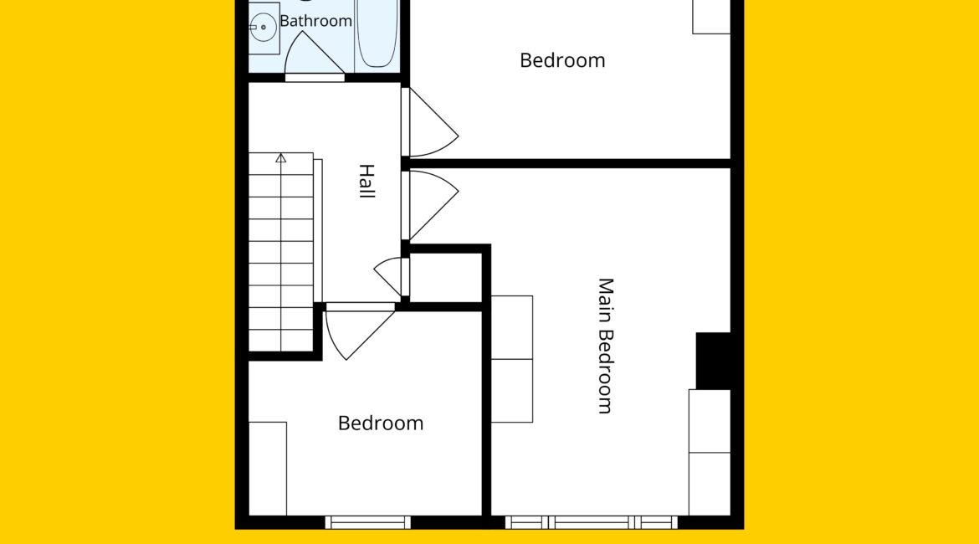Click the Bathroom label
(x=316, y=21)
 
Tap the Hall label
(x=366, y=181)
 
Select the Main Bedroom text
(x=606, y=346)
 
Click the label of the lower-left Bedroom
(x=381, y=423)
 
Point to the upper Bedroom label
(x=562, y=60)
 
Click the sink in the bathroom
(x=264, y=28)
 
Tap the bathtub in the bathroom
(x=377, y=34)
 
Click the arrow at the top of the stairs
(x=281, y=158)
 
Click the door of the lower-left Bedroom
(x=361, y=331)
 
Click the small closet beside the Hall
(x=446, y=277)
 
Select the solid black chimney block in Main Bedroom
(x=714, y=361)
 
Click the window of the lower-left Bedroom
(x=367, y=522)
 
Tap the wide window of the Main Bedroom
(x=592, y=522)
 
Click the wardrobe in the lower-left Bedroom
(x=268, y=469)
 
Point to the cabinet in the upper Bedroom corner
(x=712, y=17)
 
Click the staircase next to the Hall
(x=281, y=252)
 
